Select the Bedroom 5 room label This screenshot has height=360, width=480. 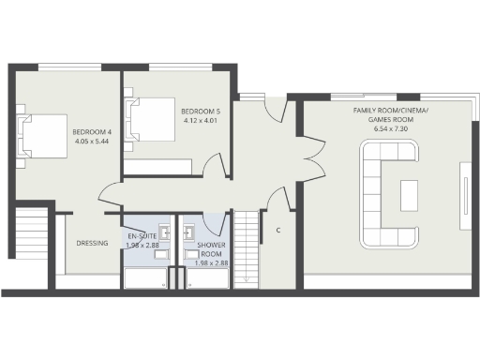click(x=201, y=111)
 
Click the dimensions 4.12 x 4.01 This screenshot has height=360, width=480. click(x=201, y=120)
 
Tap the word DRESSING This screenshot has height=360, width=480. click(x=93, y=244)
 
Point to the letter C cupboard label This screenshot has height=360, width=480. click(x=278, y=231)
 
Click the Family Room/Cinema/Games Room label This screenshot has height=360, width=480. click(x=390, y=114)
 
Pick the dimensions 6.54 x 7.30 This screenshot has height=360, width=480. click(x=390, y=127)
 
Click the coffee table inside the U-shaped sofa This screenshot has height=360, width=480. click(x=410, y=195)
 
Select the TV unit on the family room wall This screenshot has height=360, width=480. click(x=464, y=195)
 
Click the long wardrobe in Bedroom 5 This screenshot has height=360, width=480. click(x=160, y=167)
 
